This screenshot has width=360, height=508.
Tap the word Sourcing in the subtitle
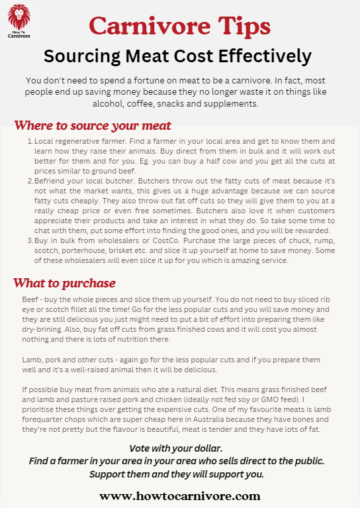81,55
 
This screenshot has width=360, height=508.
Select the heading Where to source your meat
93,126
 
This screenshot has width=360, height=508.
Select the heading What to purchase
65,283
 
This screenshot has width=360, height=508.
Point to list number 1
30,142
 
